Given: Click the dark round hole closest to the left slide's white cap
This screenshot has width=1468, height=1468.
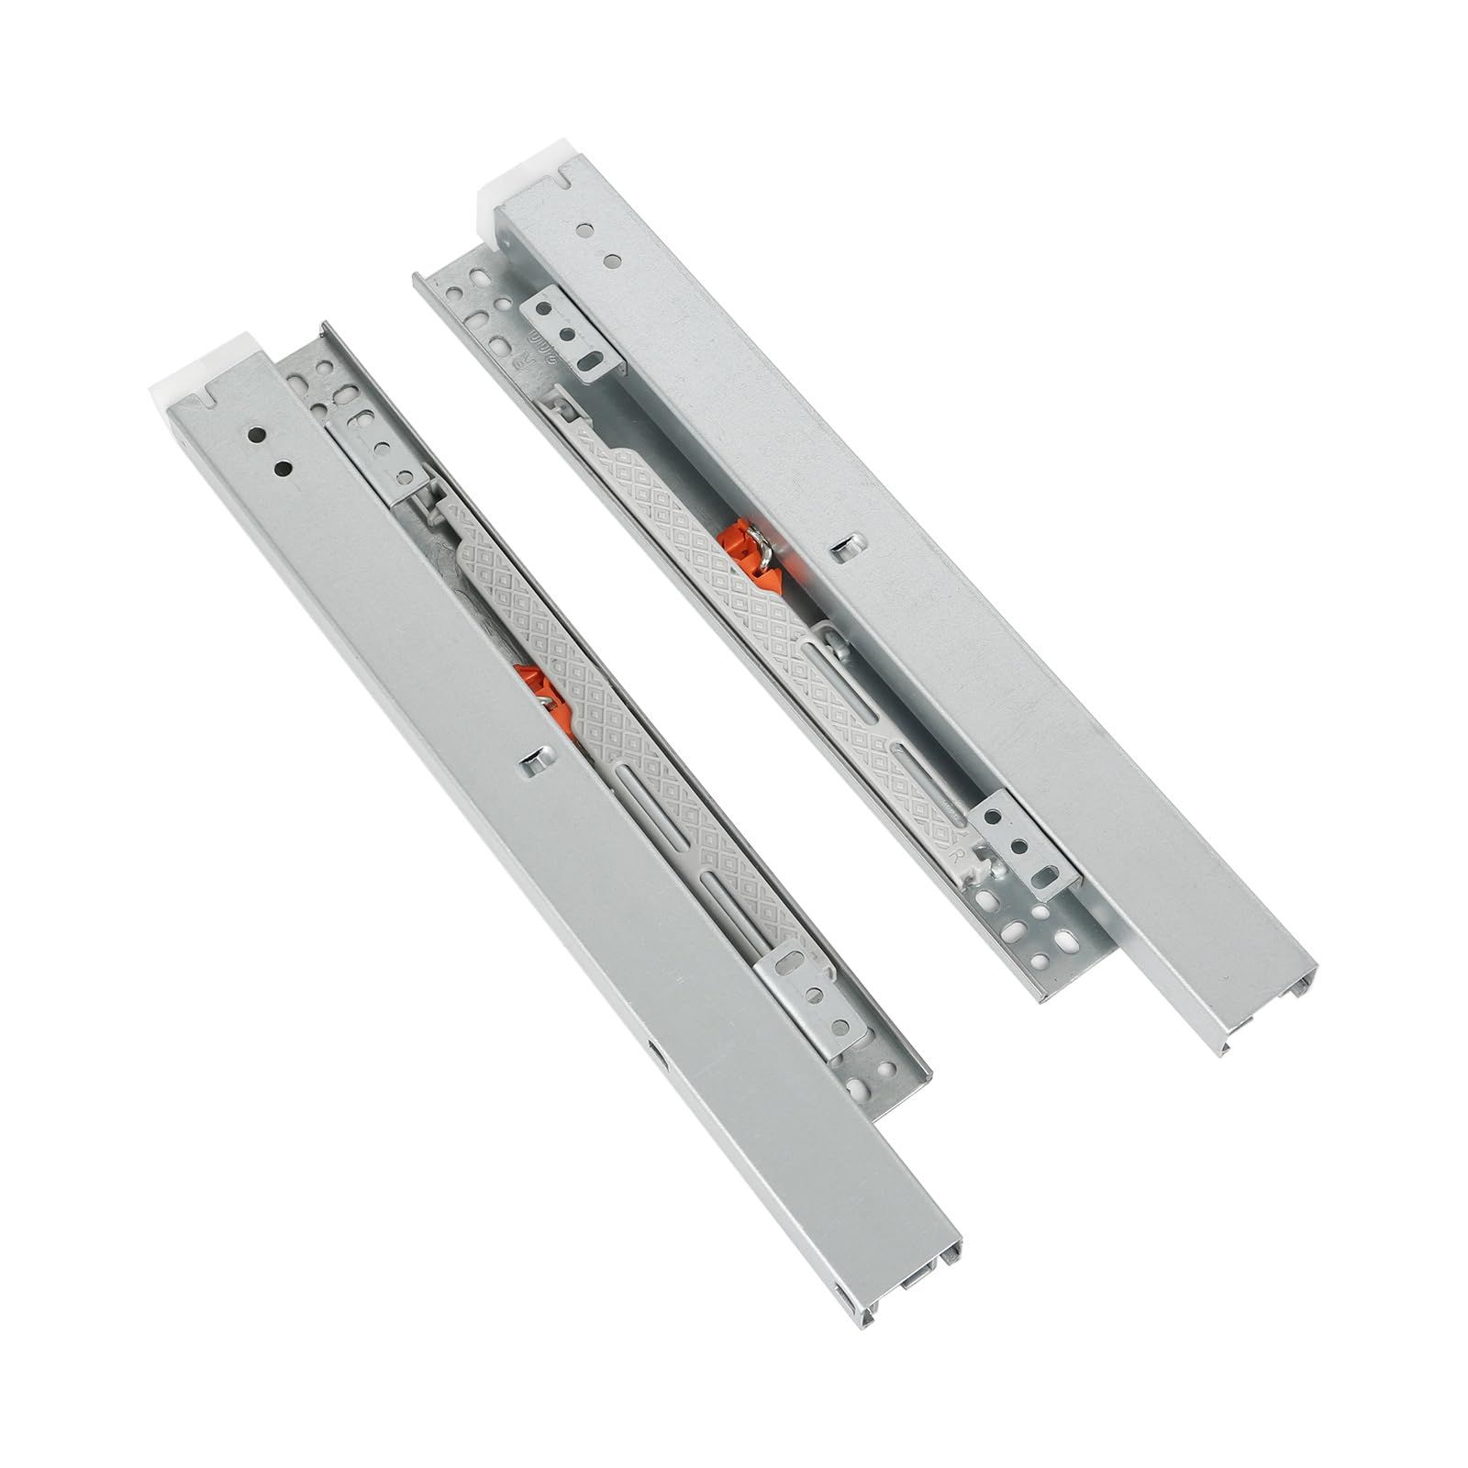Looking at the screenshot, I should point(257,434).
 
